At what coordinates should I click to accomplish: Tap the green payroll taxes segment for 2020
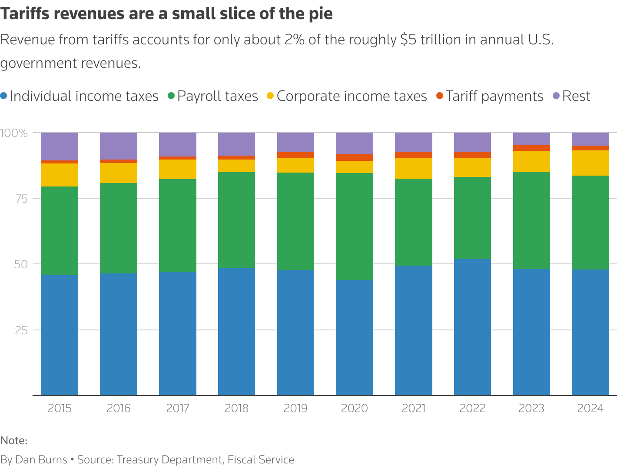click(355, 226)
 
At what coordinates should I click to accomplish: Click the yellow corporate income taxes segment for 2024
click(590, 163)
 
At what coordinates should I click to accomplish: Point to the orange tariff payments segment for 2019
click(295, 155)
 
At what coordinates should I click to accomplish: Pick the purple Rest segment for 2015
click(60, 146)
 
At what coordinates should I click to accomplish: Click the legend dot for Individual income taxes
click(4, 96)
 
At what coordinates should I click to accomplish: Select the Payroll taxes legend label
click(217, 96)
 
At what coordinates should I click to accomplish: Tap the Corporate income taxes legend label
click(352, 96)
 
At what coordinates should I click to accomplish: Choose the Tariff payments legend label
click(494, 96)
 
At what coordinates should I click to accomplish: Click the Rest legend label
click(576, 96)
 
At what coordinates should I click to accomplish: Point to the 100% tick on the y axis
click(14, 133)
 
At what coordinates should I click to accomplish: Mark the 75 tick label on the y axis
click(21, 199)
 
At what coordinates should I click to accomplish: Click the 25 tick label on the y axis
click(21, 330)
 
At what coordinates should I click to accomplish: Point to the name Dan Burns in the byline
click(41, 459)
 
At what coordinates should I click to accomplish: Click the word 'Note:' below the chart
click(14, 441)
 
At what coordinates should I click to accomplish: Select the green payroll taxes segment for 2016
click(119, 228)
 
